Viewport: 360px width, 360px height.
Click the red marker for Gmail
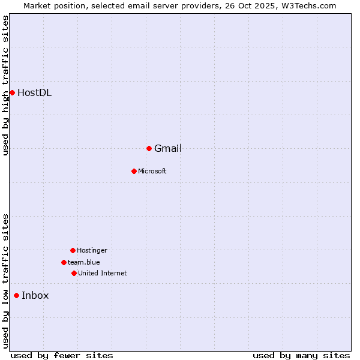click(149, 148)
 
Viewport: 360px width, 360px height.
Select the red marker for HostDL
click(12, 92)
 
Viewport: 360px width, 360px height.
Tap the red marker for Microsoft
click(134, 171)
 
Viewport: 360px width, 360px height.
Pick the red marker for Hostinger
click(73, 250)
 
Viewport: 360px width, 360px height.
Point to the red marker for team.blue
click(64, 262)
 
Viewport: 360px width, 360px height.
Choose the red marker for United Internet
click(74, 273)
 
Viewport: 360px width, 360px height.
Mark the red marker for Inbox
click(16, 295)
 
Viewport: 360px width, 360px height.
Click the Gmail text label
click(168, 149)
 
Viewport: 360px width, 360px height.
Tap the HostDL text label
click(34, 93)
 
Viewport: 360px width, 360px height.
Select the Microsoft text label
click(152, 172)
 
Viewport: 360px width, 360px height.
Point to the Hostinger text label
click(92, 251)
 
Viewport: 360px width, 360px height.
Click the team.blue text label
click(84, 263)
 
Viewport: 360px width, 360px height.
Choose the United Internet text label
click(103, 274)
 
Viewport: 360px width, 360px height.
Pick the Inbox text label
click(35, 296)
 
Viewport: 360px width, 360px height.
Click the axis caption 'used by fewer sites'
click(62, 356)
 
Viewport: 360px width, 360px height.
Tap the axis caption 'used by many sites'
click(301, 356)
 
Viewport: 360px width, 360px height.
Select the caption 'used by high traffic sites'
click(5, 85)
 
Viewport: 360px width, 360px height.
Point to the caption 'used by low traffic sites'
click(5, 281)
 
